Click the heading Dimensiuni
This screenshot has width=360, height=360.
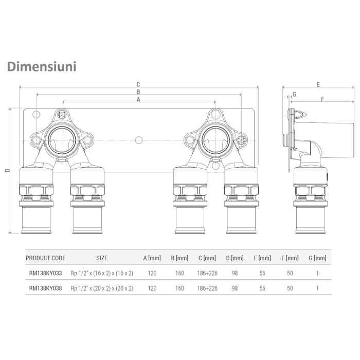pos(41,66)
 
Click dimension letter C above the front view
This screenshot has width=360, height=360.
pos(138,84)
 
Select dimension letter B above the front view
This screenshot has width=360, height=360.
pos(138,92)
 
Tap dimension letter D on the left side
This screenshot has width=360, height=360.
pos(7,171)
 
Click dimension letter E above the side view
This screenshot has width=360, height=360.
pos(318,84)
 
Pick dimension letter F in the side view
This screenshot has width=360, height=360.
pos(322,99)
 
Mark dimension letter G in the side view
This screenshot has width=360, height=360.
pos(294,94)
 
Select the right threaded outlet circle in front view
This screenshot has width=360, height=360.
pos(213,139)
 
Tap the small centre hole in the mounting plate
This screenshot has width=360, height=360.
pos(138,139)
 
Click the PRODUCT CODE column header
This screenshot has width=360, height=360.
pos(45,258)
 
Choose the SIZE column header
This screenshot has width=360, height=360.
pos(102,258)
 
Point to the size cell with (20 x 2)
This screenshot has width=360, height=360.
pos(102,288)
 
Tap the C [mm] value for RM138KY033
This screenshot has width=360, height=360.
pos(207,273)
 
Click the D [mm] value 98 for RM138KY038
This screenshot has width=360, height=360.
pos(235,288)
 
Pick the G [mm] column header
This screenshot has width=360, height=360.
pos(317,258)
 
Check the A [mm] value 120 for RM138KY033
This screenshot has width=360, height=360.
pos(152,273)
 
